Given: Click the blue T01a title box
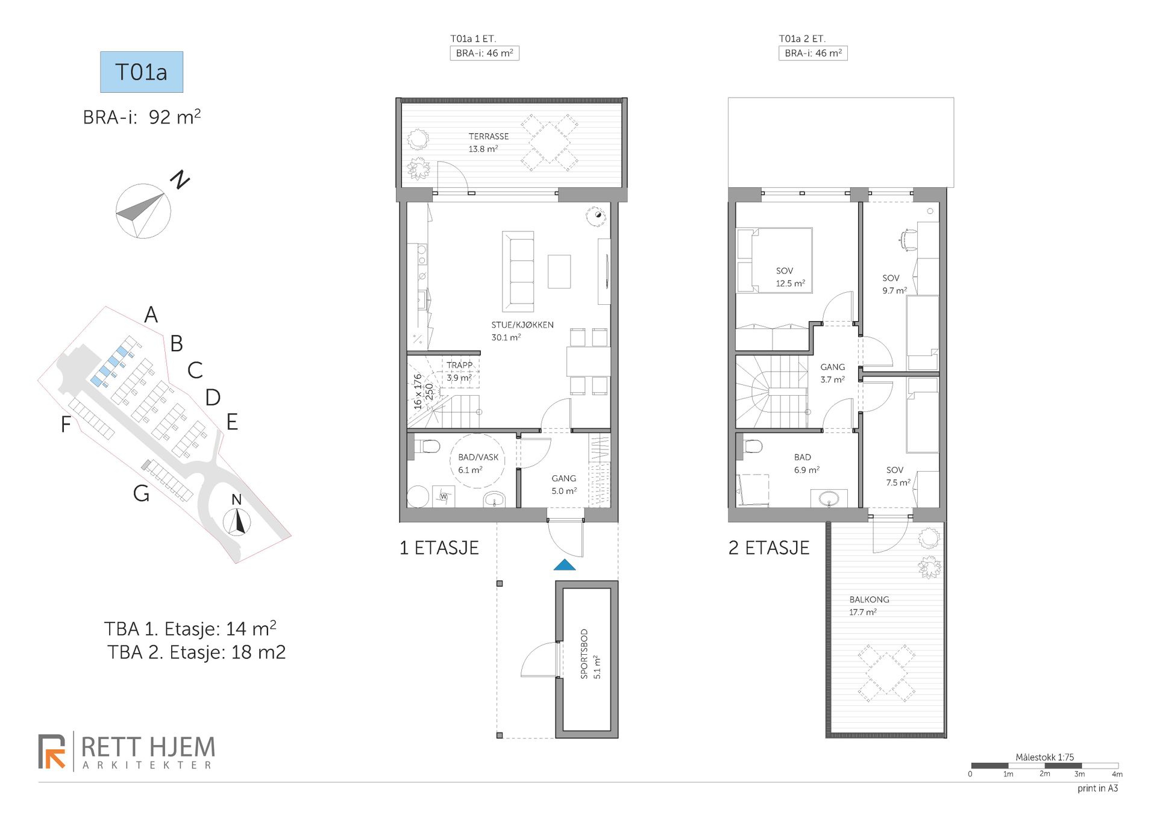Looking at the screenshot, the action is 142,72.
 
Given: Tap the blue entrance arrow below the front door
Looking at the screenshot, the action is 565,564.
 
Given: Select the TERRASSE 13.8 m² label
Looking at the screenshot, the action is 489,143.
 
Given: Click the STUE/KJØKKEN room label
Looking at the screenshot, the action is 522,325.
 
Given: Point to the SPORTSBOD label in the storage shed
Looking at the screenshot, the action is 584,654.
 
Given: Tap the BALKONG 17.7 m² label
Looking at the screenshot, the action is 869,605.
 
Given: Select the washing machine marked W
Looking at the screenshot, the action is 444,496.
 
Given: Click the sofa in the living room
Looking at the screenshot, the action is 518,272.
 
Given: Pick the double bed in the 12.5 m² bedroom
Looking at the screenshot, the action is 774,260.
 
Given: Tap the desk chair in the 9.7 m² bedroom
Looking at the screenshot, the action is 908,239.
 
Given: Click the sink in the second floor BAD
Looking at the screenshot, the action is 829,498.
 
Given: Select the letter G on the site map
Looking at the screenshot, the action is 142,493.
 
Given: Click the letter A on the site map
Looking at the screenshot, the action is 151,314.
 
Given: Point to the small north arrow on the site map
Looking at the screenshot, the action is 237,522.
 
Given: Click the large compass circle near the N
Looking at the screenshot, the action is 143,211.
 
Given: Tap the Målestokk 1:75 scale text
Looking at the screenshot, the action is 1045,757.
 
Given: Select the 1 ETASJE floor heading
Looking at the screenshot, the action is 439,548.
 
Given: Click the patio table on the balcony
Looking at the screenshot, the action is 886,673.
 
